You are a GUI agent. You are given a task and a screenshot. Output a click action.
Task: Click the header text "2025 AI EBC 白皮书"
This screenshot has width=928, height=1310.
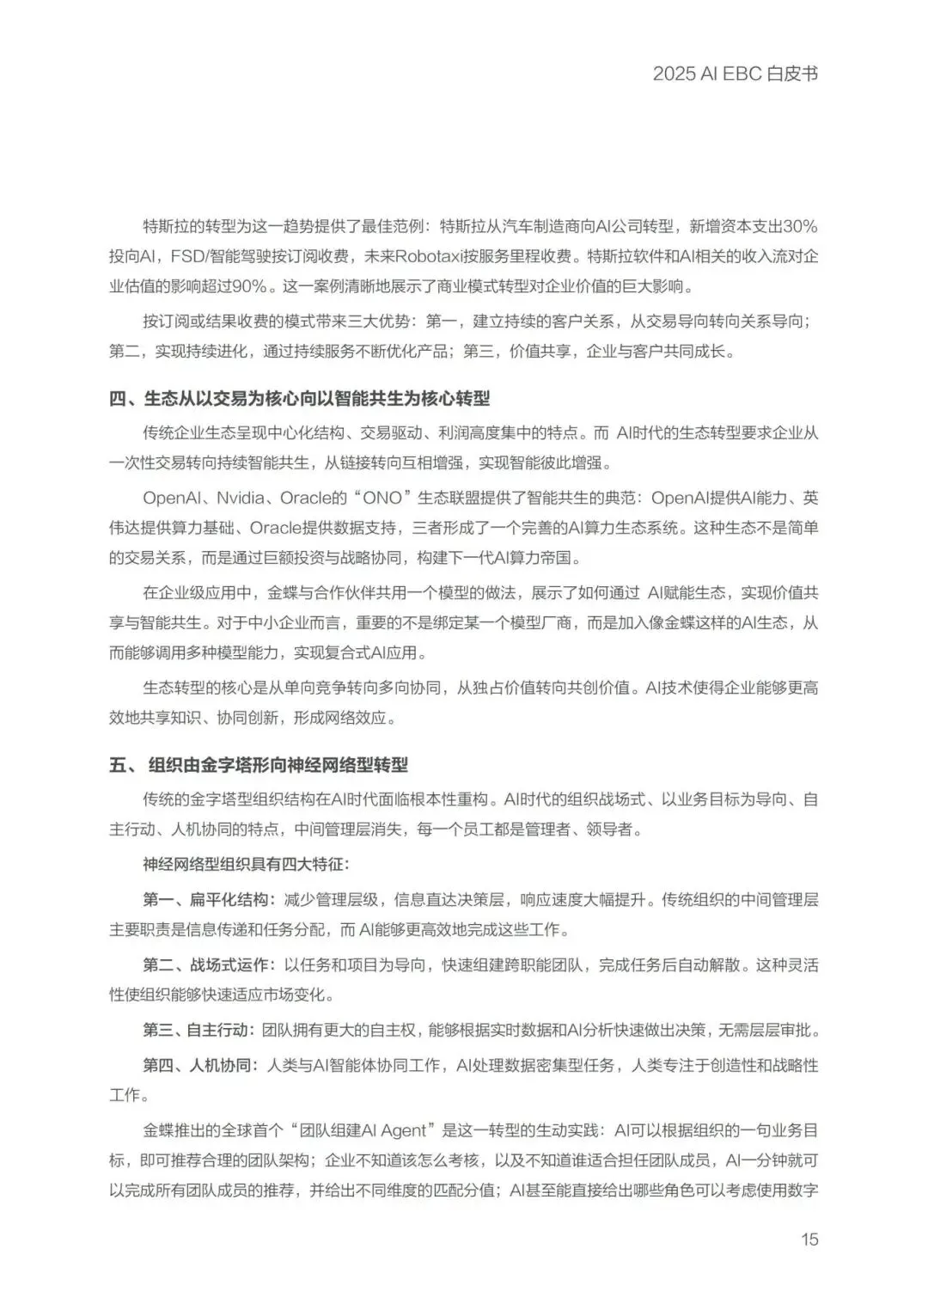[735, 74]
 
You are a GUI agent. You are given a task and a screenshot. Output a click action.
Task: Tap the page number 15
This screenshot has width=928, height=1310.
[809, 1239]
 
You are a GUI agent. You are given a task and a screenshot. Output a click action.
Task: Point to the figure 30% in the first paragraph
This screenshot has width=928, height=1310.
[800, 227]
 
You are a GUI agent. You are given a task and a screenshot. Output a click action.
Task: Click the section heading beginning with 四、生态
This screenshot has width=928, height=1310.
[299, 398]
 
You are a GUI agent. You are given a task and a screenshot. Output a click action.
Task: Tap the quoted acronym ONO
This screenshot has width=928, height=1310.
[382, 498]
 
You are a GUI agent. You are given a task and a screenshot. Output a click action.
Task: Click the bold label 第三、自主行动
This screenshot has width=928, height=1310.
[198, 1030]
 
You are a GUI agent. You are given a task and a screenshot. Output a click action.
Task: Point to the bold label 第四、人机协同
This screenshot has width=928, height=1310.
[198, 1065]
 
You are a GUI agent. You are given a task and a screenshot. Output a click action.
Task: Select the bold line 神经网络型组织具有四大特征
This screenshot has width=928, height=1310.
[246, 864]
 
